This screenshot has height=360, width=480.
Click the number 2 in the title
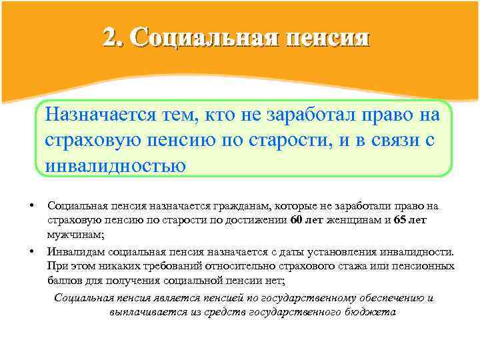[x=111, y=37]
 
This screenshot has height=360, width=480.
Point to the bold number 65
[x=400, y=220]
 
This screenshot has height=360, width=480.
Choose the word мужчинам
[x=73, y=234]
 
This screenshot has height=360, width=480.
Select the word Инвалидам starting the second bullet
[x=73, y=252]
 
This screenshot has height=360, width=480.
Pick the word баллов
[x=64, y=280]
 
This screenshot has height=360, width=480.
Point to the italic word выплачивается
[x=144, y=311]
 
